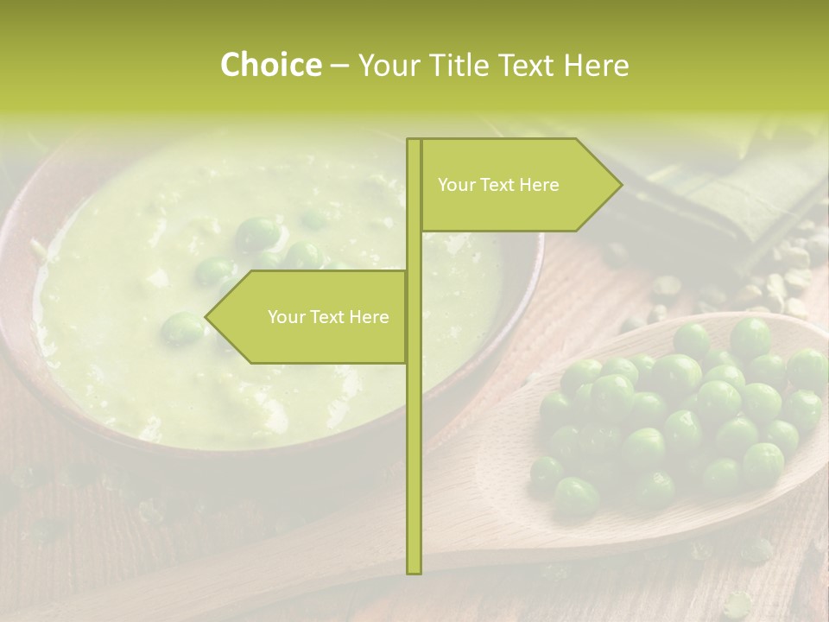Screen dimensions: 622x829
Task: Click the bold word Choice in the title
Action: coord(270,66)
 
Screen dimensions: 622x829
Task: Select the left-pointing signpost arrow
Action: coord(311,317)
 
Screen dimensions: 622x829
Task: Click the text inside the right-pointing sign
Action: coord(498,185)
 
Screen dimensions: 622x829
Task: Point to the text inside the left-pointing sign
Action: coord(328,317)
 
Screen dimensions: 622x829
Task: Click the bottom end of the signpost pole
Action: coord(414,570)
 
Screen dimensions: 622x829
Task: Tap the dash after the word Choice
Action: coord(339,67)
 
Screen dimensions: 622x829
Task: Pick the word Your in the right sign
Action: coord(456,185)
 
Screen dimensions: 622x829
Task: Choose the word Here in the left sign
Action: coord(369,317)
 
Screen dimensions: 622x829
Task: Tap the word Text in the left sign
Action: coord(327,317)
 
